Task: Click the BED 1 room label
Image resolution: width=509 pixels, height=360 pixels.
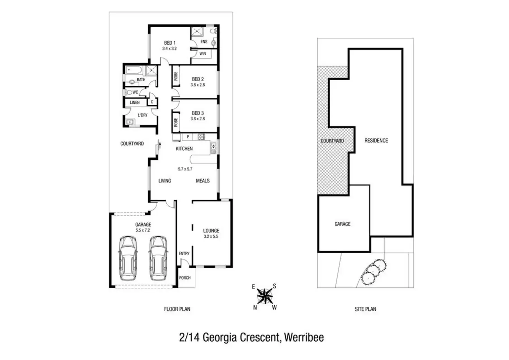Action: click(x=169, y=43)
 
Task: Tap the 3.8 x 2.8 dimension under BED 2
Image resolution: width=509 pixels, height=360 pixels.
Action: click(x=198, y=85)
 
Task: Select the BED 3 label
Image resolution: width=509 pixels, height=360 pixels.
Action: click(x=198, y=113)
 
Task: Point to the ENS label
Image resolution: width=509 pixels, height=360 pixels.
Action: click(x=204, y=42)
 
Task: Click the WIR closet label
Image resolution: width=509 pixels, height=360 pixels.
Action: click(x=203, y=54)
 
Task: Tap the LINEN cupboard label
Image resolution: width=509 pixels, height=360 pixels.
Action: click(x=135, y=102)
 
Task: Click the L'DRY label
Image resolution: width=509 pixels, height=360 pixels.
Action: click(x=142, y=115)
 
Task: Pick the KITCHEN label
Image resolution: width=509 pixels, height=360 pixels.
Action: click(x=184, y=149)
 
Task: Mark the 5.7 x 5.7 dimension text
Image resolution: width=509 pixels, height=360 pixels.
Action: click(x=185, y=169)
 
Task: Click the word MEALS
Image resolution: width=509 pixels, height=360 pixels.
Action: click(x=203, y=181)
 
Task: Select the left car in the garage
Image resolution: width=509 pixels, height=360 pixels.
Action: click(x=128, y=258)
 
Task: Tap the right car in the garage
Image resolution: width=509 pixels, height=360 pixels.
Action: click(x=158, y=258)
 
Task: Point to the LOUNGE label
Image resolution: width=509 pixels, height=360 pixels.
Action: click(x=211, y=231)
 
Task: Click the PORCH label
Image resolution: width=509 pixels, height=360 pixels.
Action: click(x=185, y=278)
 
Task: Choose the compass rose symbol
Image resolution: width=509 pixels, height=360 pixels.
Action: click(x=265, y=296)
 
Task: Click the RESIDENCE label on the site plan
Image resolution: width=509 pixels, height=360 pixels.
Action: click(x=376, y=140)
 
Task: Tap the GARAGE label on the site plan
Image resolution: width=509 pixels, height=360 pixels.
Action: click(x=342, y=224)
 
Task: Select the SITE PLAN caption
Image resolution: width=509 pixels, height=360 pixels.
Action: click(x=365, y=309)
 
